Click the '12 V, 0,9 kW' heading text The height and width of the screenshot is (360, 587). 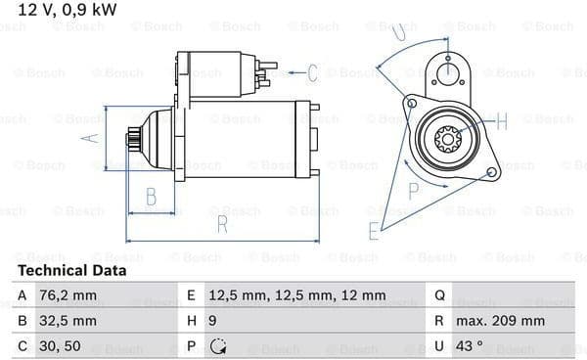(x=67, y=10)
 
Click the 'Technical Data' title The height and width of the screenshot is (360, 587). (x=71, y=270)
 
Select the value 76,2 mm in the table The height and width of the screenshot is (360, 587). (x=68, y=295)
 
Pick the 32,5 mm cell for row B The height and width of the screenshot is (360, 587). (x=68, y=321)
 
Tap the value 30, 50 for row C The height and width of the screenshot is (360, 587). (x=60, y=346)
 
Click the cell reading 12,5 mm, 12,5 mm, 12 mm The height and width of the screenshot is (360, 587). (x=297, y=295)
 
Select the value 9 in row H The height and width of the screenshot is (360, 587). (x=212, y=321)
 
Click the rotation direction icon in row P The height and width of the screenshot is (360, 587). (x=218, y=346)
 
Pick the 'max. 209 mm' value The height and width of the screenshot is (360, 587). (x=500, y=321)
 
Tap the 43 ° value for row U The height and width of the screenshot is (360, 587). (x=469, y=346)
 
